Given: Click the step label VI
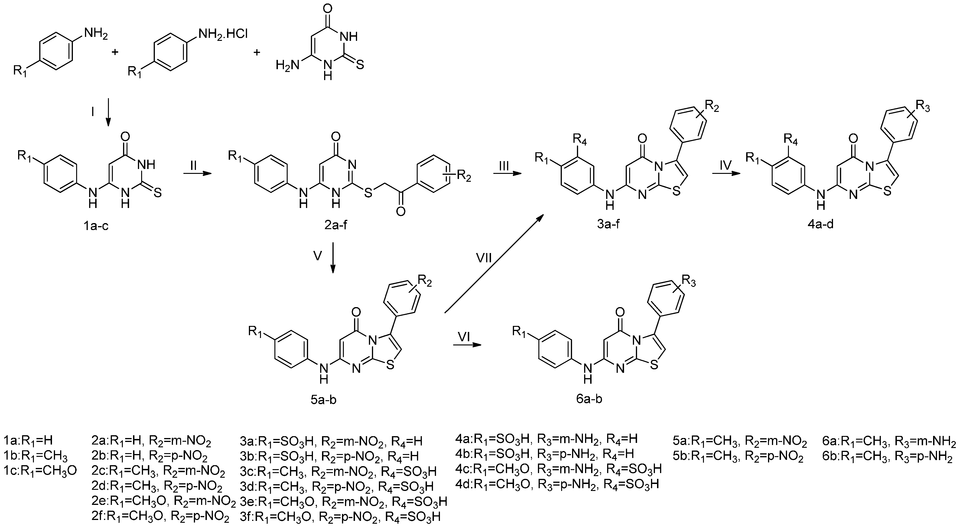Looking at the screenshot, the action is click(464, 336).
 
